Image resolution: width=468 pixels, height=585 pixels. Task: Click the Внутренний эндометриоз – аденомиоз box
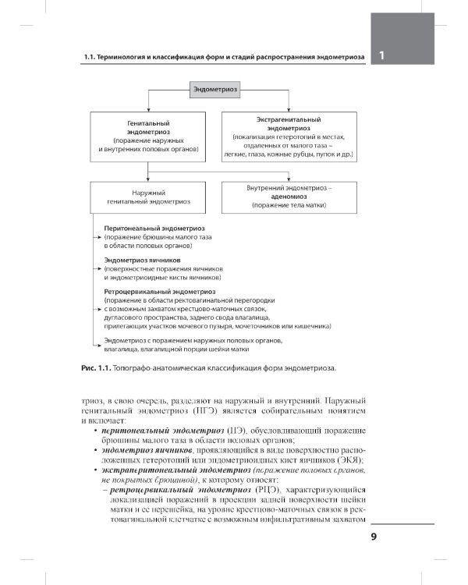click(289, 197)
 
